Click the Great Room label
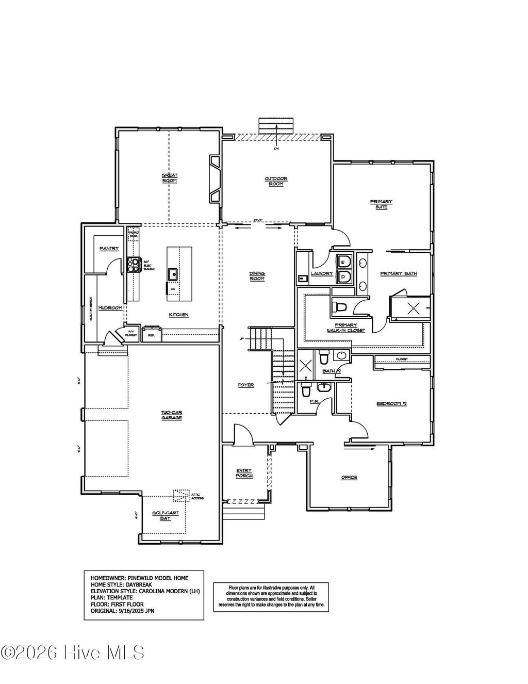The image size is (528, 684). coord(170,178)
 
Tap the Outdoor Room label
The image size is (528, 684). coord(276,182)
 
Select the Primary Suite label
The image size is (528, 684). coord(381,204)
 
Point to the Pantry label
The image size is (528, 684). coord(109,249)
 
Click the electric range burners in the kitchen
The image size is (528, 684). coord(134,264)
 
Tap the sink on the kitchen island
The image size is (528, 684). coord(173,273)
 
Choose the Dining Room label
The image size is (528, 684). coord(257,276)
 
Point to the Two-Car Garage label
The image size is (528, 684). coord(171,415)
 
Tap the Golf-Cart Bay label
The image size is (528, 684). coord(164,515)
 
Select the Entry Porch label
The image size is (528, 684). coord(244,473)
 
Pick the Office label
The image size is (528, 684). coord(349,478)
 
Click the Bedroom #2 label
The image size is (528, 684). coord(391,403)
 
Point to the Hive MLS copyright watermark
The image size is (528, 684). coord(73,653)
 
